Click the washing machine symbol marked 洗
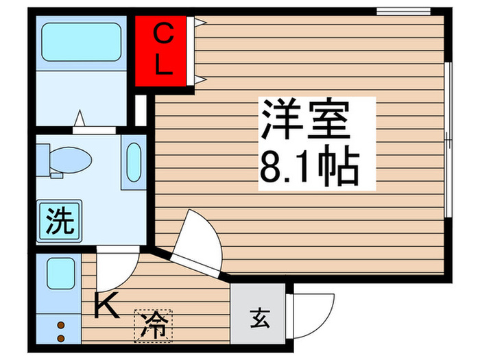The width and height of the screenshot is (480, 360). click(x=60, y=219)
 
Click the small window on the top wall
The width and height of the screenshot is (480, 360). click(x=398, y=10)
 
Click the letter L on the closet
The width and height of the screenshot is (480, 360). click(x=163, y=66)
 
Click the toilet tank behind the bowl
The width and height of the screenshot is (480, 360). click(x=43, y=159)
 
